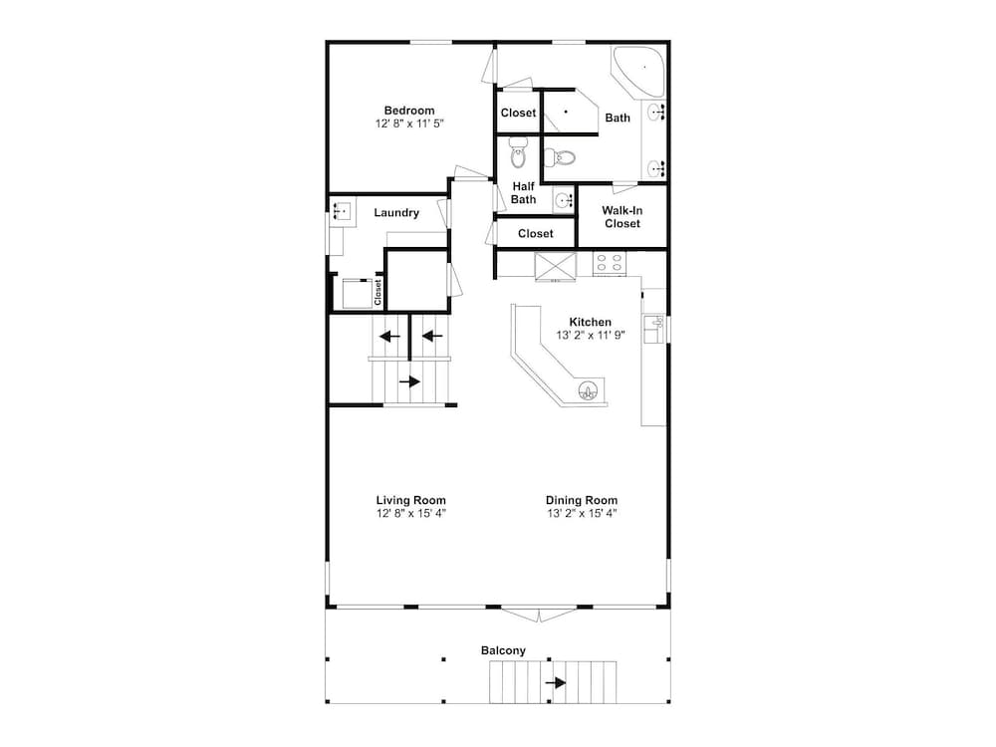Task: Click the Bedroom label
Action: pos(409,111)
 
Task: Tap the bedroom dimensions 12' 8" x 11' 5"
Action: pos(409,124)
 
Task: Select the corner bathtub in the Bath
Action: pos(637,71)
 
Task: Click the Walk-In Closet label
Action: pos(622,216)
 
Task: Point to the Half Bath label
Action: pos(524,192)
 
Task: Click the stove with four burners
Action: pos(610,264)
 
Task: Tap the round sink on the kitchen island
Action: pos(590,391)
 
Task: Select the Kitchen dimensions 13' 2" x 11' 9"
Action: pos(591,336)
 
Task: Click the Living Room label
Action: pos(411,501)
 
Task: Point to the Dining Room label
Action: pos(582,501)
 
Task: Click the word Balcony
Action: pos(503,650)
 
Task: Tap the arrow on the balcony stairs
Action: pos(556,683)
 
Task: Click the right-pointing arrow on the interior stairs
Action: pos(409,381)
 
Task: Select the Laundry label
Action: pos(396,213)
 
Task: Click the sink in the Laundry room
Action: pos(341,209)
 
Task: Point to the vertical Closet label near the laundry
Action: pos(377,293)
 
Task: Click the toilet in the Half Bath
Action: pos(518,153)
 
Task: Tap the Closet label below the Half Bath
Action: pos(536,234)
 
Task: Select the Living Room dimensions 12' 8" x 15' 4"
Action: pos(411,513)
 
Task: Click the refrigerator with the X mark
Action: pos(556,266)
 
